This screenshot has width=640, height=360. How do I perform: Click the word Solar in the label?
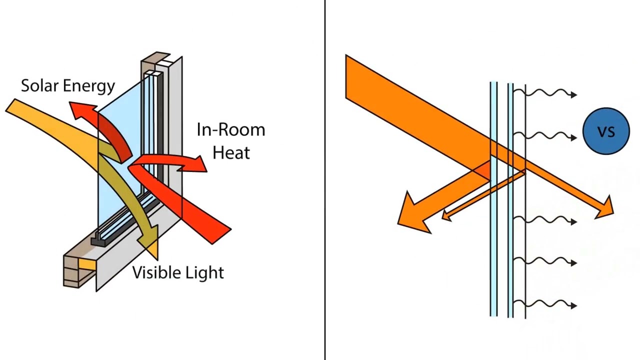tap(38, 85)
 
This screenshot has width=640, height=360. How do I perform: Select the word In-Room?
tap(230, 130)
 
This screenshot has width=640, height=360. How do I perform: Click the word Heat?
tap(230, 152)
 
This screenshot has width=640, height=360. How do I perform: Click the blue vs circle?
tap(606, 131)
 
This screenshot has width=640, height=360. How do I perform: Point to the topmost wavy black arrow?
tap(547, 93)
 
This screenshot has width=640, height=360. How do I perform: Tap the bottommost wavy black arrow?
tap(547, 304)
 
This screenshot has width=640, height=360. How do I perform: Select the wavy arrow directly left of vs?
tap(547, 136)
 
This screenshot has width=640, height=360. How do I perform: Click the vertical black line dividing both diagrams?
tap(325, 180)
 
